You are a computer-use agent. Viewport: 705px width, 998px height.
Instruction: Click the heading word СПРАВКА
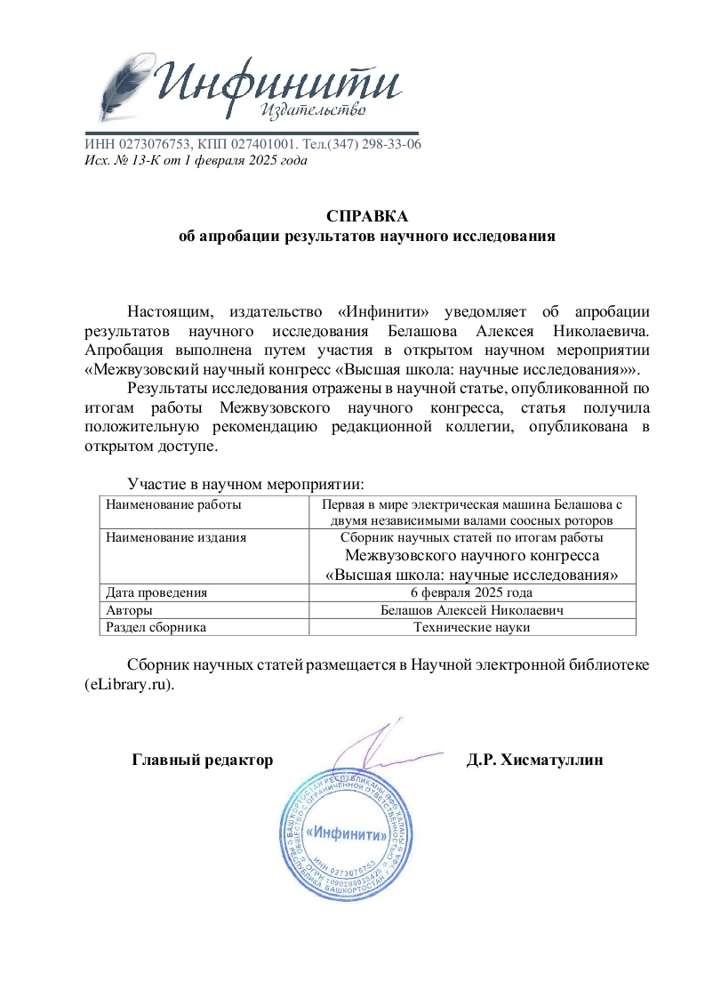[x=366, y=216]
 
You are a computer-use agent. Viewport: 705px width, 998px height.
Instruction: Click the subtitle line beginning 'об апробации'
[x=366, y=237]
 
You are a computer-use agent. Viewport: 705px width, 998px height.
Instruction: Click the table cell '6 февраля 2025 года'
[x=472, y=592]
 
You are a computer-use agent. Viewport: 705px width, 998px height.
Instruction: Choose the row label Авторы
[x=129, y=609]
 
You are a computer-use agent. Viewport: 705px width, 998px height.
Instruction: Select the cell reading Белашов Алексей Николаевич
[x=472, y=609]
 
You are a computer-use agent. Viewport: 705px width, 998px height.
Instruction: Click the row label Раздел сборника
[x=156, y=627]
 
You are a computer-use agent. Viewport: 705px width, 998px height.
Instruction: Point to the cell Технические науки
[x=472, y=627]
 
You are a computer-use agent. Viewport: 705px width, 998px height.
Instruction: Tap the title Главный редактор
[x=202, y=761]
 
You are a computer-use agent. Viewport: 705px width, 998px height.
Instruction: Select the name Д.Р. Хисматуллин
[x=534, y=761]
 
